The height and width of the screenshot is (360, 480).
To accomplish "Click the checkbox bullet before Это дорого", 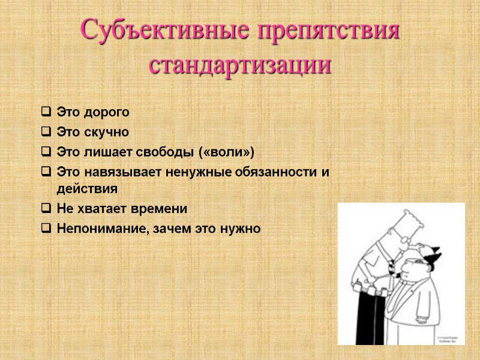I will (46, 112).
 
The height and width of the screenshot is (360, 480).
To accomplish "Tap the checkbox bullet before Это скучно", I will (46, 131).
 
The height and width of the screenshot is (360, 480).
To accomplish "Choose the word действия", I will (86, 188).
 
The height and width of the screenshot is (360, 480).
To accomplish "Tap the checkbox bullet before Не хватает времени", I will (46, 208).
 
